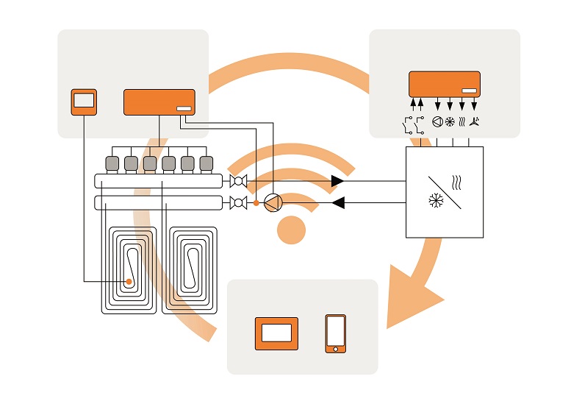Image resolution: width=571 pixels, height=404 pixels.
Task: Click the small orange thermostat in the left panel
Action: (x=84, y=102)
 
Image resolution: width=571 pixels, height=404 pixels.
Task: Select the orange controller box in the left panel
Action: (x=159, y=102)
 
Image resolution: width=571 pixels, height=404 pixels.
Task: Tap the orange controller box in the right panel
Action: (x=444, y=83)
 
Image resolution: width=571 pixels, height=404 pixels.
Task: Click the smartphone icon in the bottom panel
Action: (x=336, y=333)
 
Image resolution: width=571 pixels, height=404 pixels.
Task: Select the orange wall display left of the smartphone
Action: (x=276, y=333)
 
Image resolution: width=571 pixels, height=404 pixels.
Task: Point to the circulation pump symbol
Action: (x=273, y=202)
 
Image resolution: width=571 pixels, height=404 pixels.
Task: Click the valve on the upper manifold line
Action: (x=237, y=181)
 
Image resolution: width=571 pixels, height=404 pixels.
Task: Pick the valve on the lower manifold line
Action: (x=237, y=202)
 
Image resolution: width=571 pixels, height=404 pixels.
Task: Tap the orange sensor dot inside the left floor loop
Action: (x=129, y=281)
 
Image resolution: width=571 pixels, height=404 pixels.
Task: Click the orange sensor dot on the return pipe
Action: (x=256, y=202)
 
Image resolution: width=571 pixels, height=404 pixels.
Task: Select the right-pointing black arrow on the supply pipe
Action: (x=337, y=181)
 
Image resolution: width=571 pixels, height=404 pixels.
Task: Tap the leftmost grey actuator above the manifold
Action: (x=112, y=163)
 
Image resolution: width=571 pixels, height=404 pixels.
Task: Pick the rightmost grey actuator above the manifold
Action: (x=207, y=163)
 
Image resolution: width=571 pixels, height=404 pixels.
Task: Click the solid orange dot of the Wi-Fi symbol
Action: (x=291, y=230)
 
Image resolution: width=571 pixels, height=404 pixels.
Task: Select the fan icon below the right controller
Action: (x=474, y=122)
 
